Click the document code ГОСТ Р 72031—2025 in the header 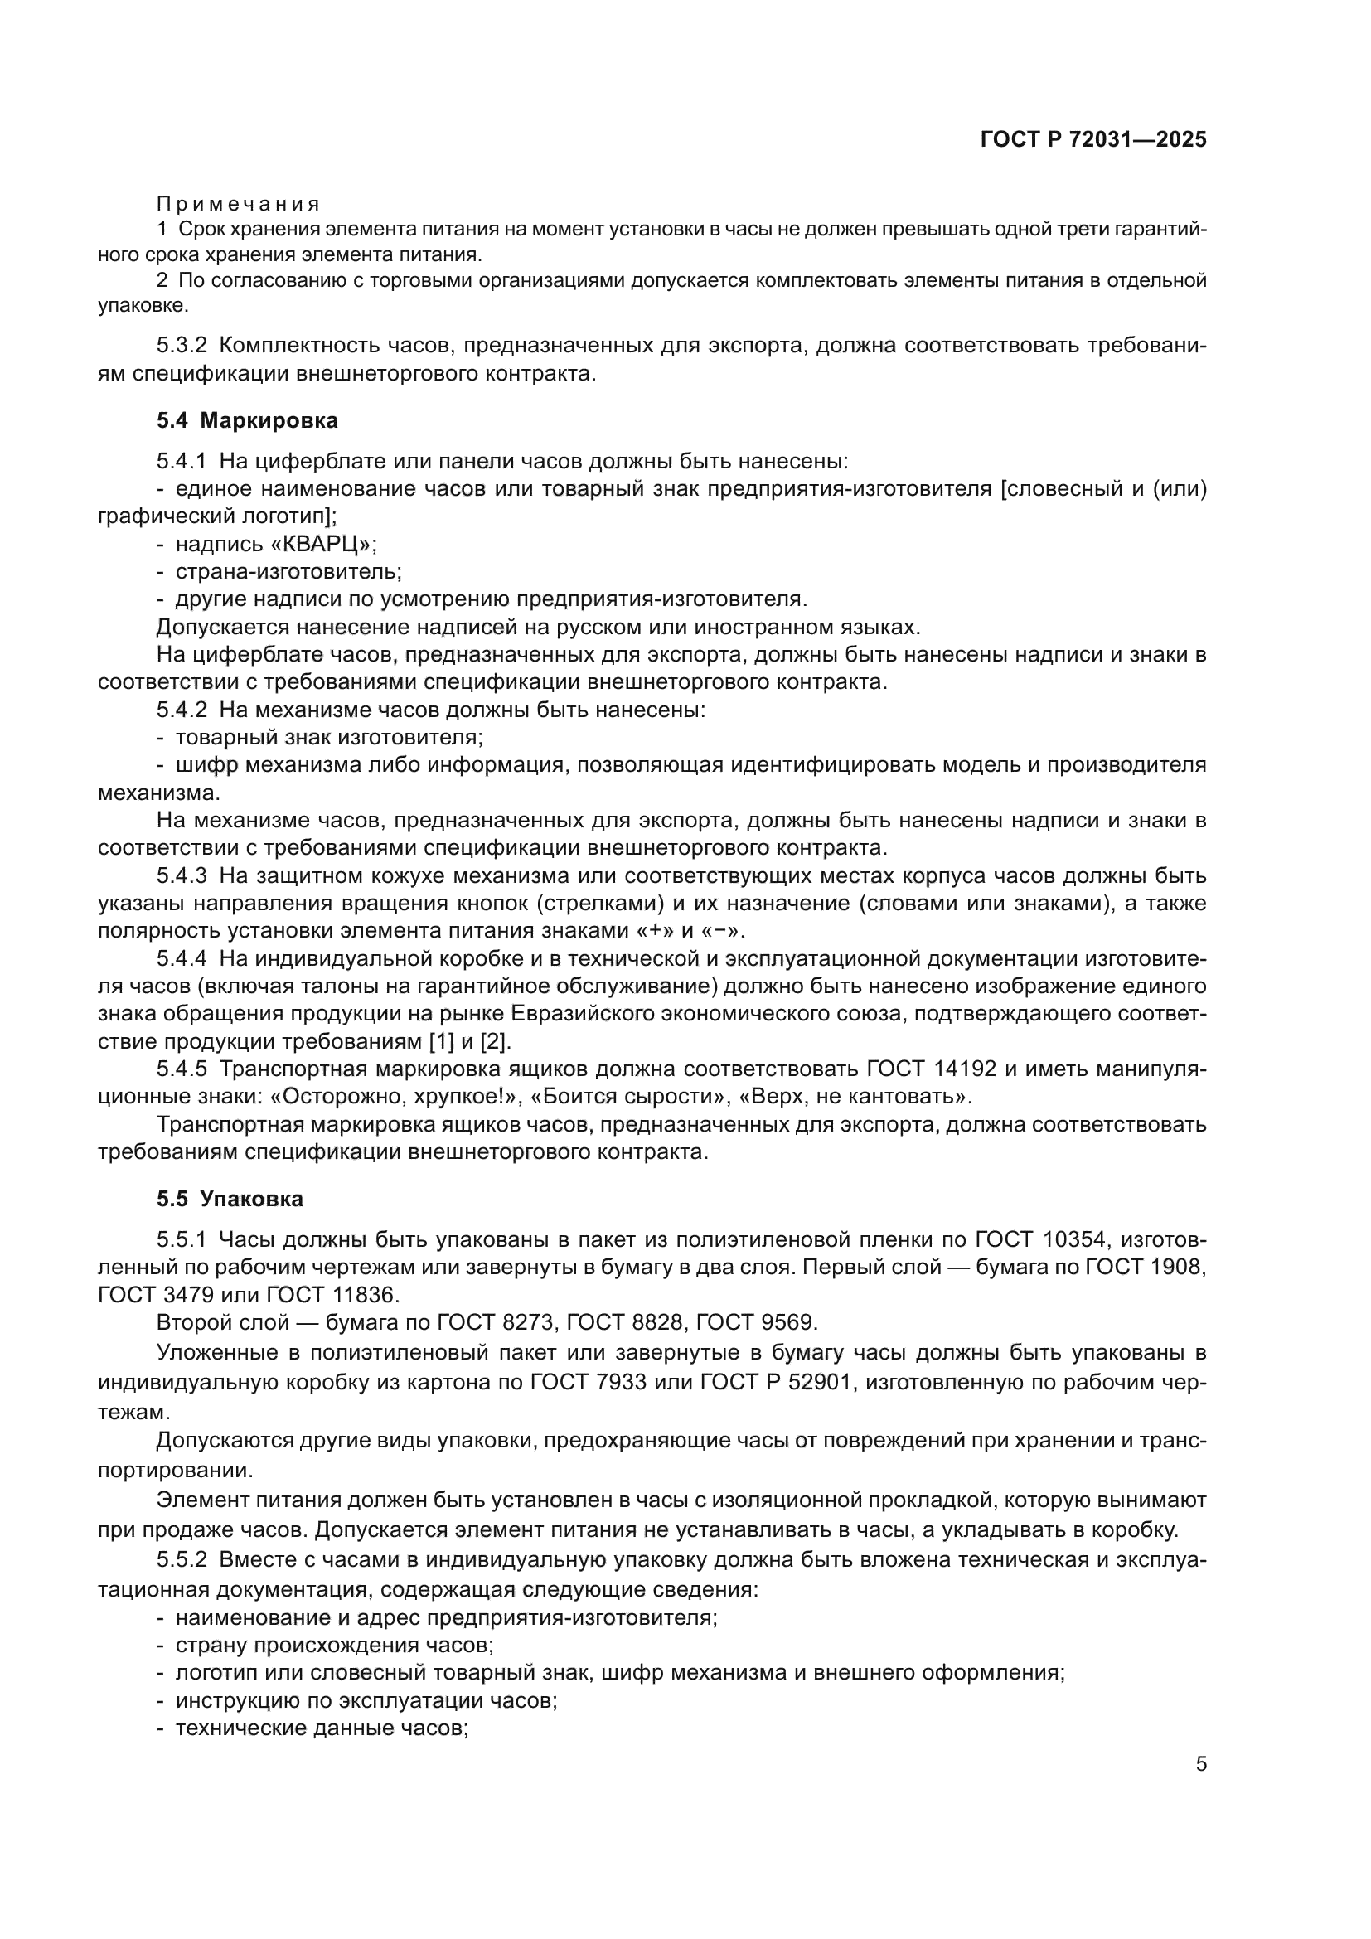click(x=1093, y=140)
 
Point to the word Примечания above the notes click(x=238, y=204)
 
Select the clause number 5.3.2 click(x=182, y=346)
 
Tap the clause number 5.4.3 click(x=182, y=875)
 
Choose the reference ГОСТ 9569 click(x=755, y=1322)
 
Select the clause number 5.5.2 click(x=182, y=1560)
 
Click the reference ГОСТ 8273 click(x=501, y=1322)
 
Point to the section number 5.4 click(x=172, y=419)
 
